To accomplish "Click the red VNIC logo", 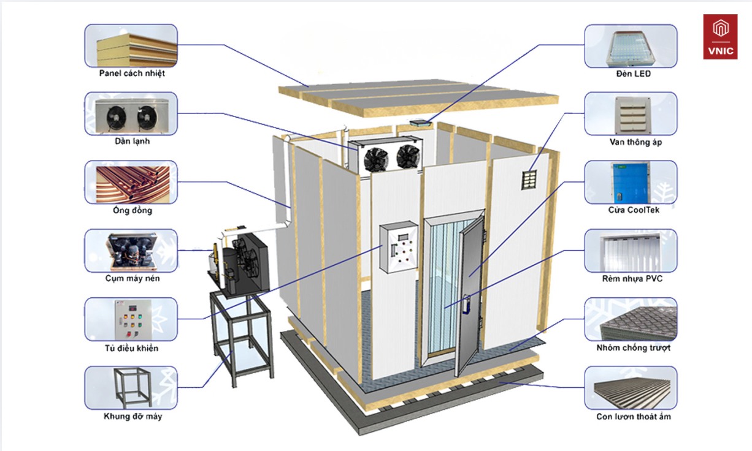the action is (x=720, y=37).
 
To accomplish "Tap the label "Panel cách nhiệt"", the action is (x=132, y=73).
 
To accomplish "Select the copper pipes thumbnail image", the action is (x=131, y=182).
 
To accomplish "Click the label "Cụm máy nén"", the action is (x=132, y=278).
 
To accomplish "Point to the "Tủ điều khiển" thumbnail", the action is (x=131, y=319).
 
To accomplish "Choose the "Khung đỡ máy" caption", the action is (x=133, y=416).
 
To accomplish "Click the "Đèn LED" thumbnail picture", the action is (x=631, y=46).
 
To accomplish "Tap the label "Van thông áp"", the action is (x=635, y=142).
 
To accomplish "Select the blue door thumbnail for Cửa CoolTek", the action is (x=631, y=182).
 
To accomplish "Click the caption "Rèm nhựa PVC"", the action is (x=632, y=279).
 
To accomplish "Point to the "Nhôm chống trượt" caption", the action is (x=633, y=347).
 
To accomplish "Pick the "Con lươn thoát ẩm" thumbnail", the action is (x=631, y=388).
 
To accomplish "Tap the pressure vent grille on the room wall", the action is (x=529, y=180).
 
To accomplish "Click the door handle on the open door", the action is (x=466, y=305).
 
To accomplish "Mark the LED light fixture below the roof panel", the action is (x=420, y=123).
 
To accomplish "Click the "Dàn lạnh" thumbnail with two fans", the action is (x=131, y=114).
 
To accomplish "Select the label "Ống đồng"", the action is (x=132, y=210).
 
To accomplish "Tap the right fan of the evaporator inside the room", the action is (x=409, y=156).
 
